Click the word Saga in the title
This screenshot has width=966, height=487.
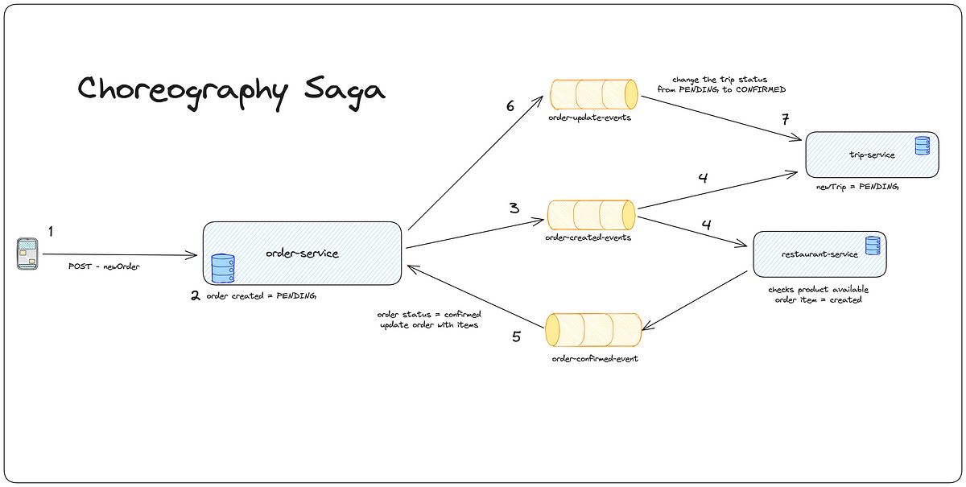338,89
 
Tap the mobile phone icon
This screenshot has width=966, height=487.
27,254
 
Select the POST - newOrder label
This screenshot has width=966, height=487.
104,266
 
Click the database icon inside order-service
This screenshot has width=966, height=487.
222,267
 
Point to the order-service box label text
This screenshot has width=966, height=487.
302,254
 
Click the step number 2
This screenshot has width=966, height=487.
195,295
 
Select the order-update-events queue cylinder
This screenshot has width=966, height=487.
593,94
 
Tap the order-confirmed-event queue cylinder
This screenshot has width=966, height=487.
593,331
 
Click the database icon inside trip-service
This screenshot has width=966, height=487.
922,146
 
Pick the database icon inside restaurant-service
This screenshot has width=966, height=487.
872,246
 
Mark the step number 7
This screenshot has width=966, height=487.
785,120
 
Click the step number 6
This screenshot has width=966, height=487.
510,106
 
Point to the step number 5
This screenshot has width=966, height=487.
516,336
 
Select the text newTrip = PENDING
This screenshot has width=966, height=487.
857,186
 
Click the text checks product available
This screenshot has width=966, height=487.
819,289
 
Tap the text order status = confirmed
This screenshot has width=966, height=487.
429,314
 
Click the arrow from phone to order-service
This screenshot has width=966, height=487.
121,255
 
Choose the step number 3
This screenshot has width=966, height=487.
513,207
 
